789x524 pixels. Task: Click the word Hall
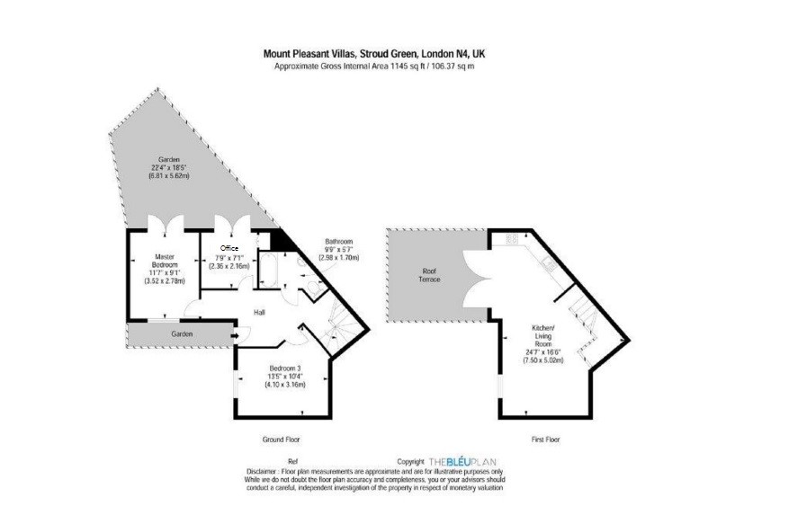[258, 312]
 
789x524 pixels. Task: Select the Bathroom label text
[338, 242]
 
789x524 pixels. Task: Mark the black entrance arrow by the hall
[235, 337]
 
